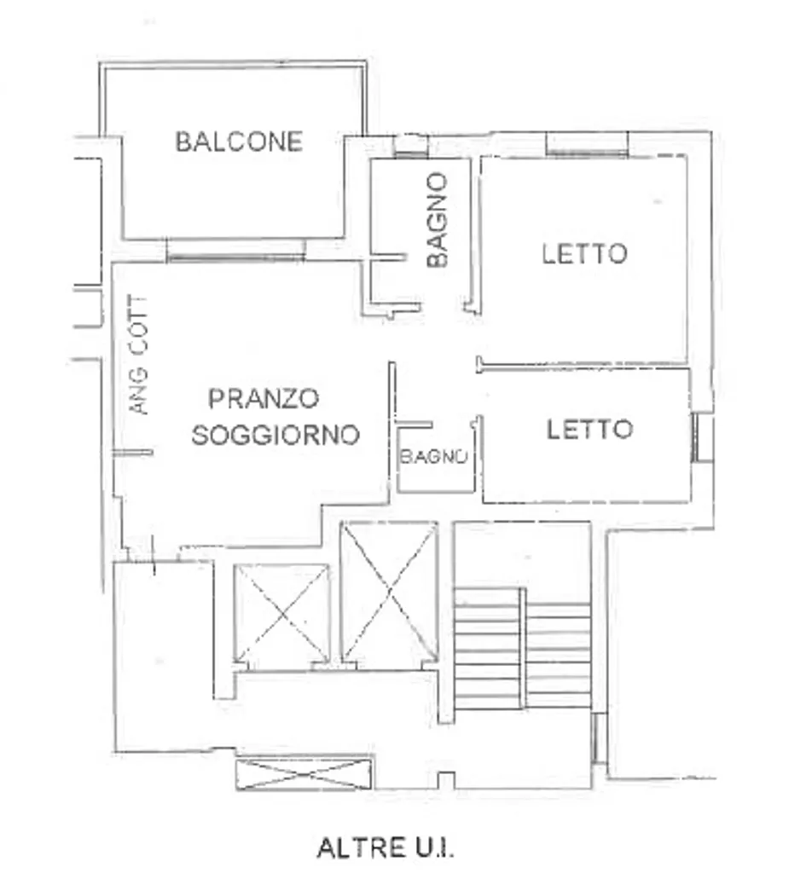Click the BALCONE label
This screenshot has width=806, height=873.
[239, 142]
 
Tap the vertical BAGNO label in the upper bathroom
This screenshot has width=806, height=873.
[438, 220]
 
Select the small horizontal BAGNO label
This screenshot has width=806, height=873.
[433, 457]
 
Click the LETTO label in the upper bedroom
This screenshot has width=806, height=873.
[584, 254]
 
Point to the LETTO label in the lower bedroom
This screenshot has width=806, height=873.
[589, 430]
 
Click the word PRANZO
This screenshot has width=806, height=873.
[264, 398]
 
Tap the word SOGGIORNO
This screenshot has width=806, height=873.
[275, 435]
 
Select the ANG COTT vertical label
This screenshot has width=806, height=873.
[139, 355]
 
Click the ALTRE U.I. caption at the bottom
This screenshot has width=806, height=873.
[386, 848]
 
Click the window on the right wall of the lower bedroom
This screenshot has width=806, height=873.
[702, 437]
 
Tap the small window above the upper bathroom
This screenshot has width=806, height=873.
[411, 145]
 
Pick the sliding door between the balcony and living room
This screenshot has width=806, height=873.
[235, 251]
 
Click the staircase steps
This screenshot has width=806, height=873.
[523, 648]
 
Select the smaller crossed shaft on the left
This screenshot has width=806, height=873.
[281, 614]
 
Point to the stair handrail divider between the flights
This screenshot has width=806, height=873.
[523, 648]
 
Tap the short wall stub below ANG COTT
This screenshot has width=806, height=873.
[132, 453]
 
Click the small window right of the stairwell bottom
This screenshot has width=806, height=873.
[598, 738]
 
